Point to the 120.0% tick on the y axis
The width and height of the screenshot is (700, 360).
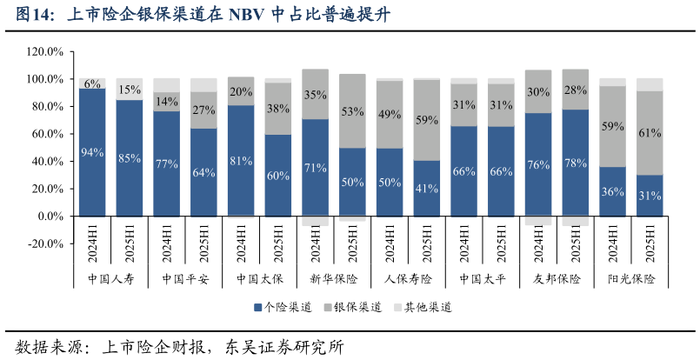[x=45, y=51]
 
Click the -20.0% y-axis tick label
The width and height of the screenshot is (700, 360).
[x=45, y=243]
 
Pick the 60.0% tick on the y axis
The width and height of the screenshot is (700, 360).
[x=45, y=134]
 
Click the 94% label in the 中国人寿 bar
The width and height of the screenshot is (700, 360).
[x=92, y=152]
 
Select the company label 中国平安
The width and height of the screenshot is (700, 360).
[x=185, y=279]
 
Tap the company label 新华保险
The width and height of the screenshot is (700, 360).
[x=334, y=279]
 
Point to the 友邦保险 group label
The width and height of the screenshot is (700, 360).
[x=557, y=279]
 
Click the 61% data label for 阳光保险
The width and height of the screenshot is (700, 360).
[x=650, y=133]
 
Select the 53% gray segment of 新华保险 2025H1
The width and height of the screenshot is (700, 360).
[x=352, y=111]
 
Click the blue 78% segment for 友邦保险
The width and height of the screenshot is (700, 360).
[x=576, y=163]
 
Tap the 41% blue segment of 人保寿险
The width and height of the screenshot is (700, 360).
[x=426, y=188]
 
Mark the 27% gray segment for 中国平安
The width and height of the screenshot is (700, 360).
[x=203, y=110]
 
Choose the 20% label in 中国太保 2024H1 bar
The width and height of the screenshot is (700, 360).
[x=241, y=91]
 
